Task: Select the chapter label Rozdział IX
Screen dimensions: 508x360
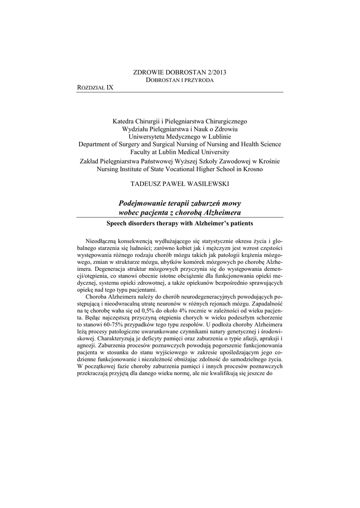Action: (x=95, y=88)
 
